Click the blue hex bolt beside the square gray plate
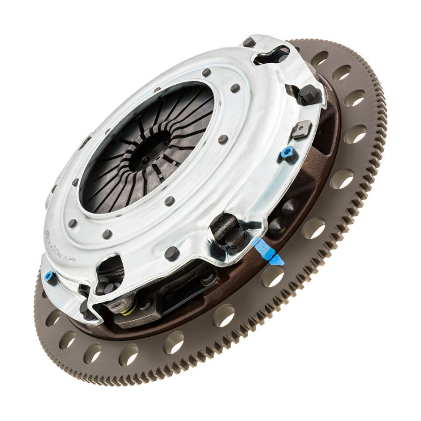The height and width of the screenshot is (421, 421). point(287,153)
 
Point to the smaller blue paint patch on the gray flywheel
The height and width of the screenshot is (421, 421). point(277,260)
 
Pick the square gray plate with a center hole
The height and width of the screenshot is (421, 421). point(301,128)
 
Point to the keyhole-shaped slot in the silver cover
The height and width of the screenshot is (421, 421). point(270,55)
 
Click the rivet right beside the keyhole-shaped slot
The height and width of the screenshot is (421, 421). point(248,42)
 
